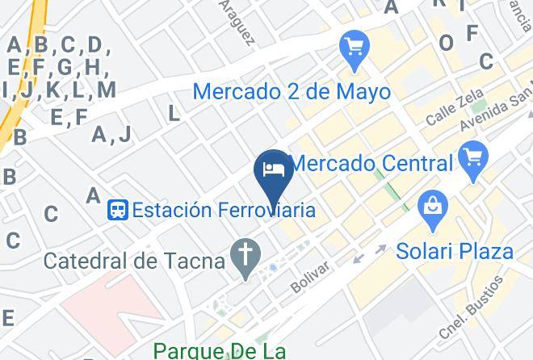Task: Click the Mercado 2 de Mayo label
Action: (x=292, y=91)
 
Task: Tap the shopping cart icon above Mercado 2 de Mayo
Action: (x=355, y=48)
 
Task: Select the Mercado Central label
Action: (x=371, y=163)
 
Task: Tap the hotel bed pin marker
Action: (x=274, y=170)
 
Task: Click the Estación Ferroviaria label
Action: (x=223, y=211)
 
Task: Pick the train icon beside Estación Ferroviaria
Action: (x=118, y=211)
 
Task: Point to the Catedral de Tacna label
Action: (x=134, y=261)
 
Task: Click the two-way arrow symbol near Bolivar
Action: (x=369, y=253)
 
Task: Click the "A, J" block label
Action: (x=111, y=135)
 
